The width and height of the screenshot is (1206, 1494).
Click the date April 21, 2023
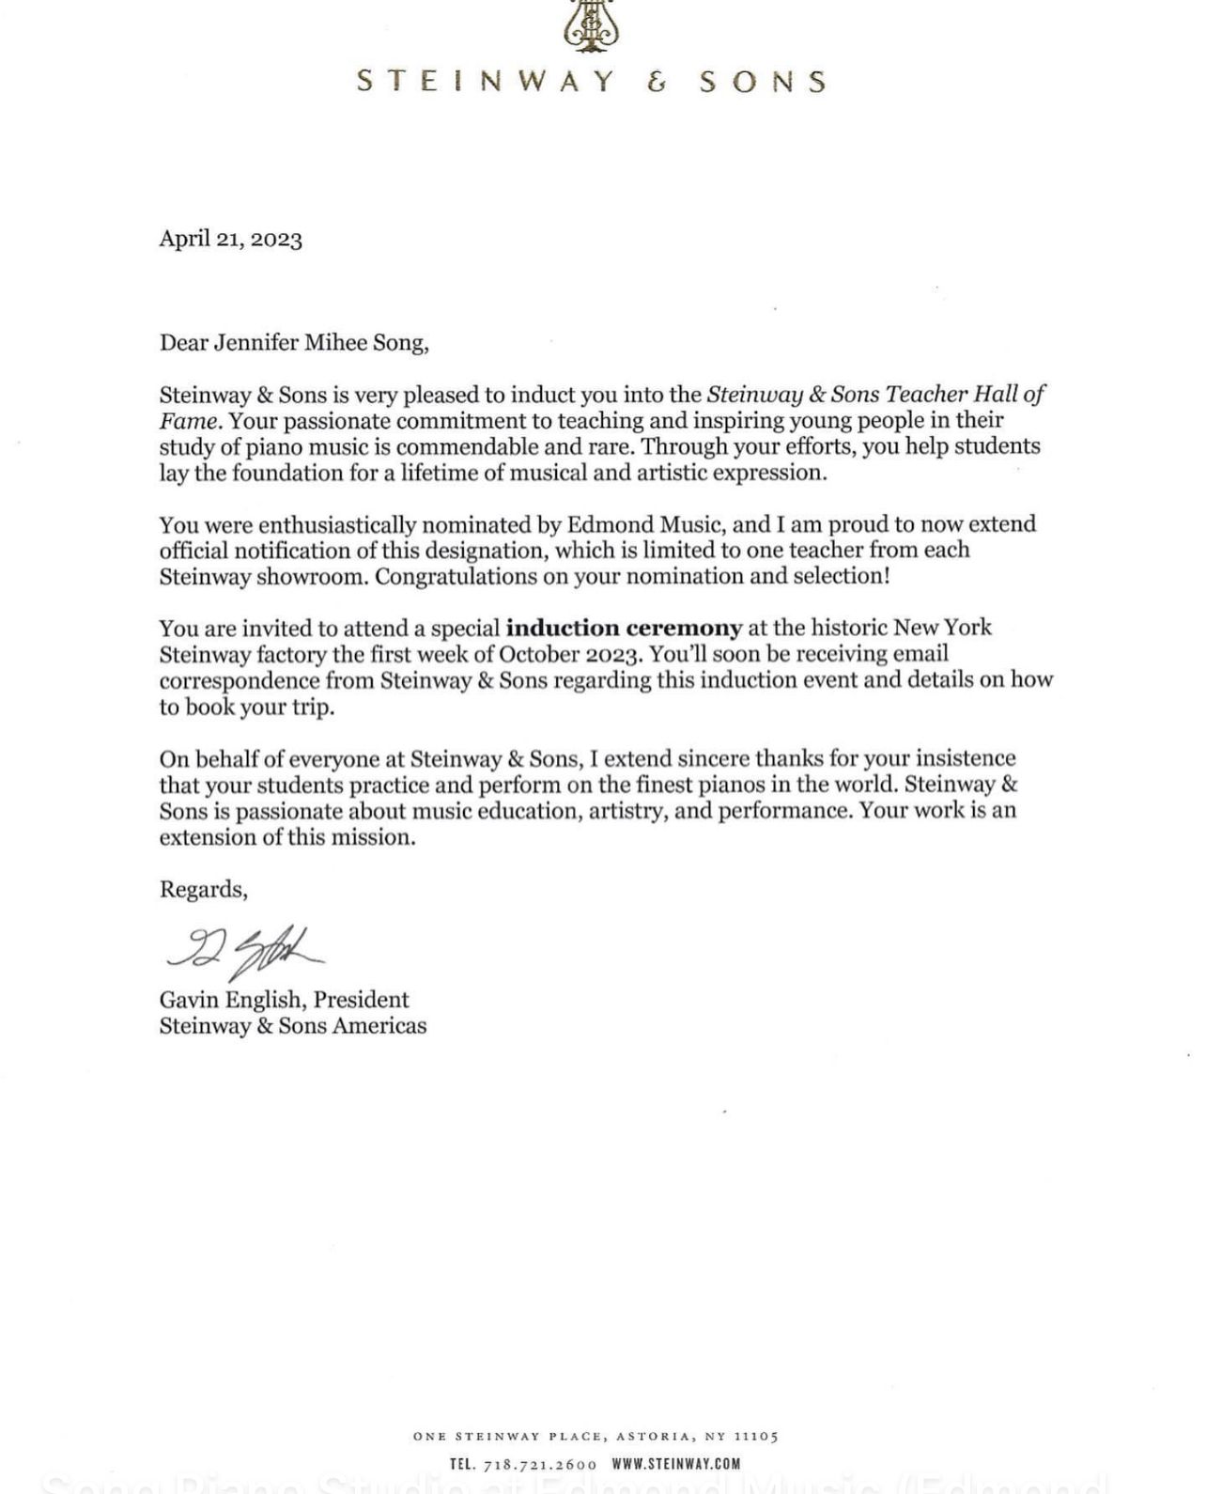pos(230,239)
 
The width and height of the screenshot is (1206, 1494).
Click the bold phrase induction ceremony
pos(624,628)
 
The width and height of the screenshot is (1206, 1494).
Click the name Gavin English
pos(230,1000)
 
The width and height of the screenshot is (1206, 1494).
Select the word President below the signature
pos(362,1000)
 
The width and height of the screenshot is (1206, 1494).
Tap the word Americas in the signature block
pos(379,1026)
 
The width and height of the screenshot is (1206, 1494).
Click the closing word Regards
pos(203,889)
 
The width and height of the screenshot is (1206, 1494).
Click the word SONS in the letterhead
pos(764,82)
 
